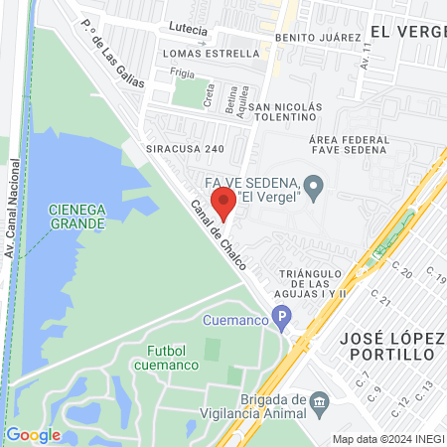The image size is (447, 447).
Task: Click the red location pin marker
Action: tap(223, 203)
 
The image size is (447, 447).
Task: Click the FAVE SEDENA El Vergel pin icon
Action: tap(313, 186)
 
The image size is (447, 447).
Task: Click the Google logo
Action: tap(33, 434)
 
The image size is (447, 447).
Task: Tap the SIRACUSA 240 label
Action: tap(192, 149)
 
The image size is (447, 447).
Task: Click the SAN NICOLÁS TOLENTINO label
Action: tap(286, 113)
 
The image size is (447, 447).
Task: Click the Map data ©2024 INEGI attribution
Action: tap(387, 439)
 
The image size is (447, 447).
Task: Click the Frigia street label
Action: tap(182, 73)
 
